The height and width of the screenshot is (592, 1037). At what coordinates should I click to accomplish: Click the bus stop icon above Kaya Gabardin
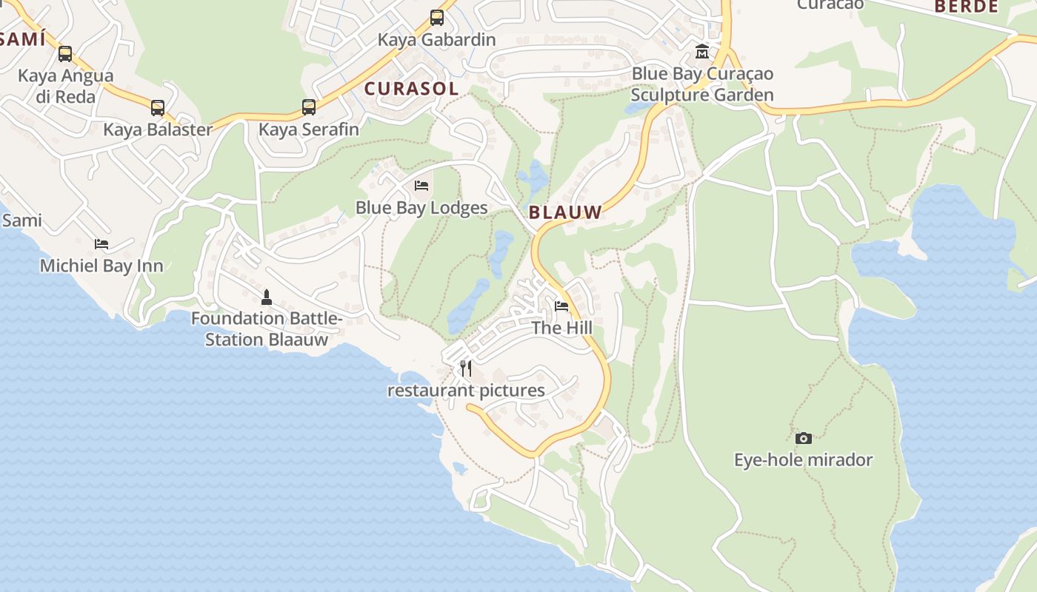click(x=437, y=18)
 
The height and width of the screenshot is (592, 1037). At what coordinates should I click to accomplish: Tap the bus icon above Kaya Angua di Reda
click(x=65, y=54)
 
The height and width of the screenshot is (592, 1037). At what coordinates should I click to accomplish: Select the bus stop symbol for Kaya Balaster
click(x=158, y=108)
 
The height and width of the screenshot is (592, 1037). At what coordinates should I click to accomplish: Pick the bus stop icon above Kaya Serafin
click(x=309, y=107)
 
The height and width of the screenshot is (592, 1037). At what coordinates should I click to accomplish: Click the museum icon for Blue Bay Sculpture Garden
click(x=701, y=52)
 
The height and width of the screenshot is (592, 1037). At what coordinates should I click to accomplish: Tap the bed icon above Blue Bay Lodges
click(x=421, y=185)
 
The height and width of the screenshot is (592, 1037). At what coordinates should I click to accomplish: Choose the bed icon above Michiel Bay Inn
click(x=101, y=243)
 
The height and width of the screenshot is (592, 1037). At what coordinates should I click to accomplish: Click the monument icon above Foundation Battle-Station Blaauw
click(x=267, y=297)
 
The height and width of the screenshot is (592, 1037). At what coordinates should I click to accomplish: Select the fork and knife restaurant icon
click(x=466, y=368)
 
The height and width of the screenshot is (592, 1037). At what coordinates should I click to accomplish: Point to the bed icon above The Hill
click(x=561, y=306)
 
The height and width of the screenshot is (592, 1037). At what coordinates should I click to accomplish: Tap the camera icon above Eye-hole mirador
click(x=804, y=438)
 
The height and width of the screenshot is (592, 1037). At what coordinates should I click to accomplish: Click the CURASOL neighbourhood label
click(x=411, y=89)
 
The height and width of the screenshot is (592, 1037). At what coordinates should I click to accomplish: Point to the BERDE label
click(x=966, y=7)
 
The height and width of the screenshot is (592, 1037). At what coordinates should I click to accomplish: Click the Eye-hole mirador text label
click(x=803, y=460)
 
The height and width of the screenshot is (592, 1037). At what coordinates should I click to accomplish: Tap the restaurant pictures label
click(x=466, y=391)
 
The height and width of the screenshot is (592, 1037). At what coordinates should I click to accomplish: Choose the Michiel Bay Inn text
click(x=101, y=266)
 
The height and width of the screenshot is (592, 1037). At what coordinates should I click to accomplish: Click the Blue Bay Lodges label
click(x=421, y=208)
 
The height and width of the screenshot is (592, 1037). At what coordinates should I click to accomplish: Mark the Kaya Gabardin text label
click(x=436, y=39)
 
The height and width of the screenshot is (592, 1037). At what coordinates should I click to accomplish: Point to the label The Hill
click(x=561, y=328)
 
